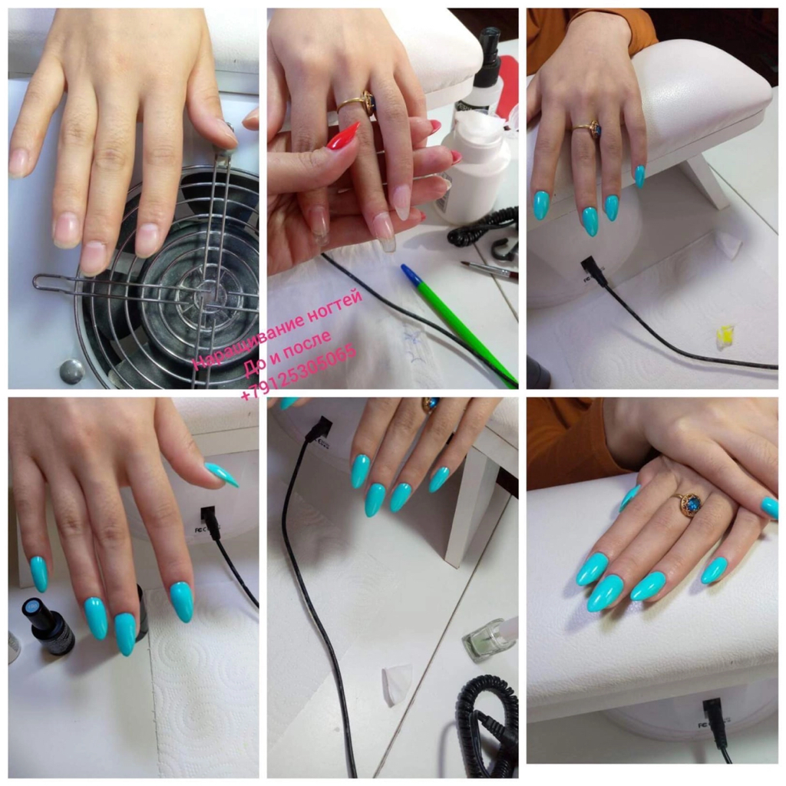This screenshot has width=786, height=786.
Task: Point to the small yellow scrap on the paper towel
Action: point(725,332)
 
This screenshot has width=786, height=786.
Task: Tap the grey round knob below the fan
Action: point(71,372)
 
